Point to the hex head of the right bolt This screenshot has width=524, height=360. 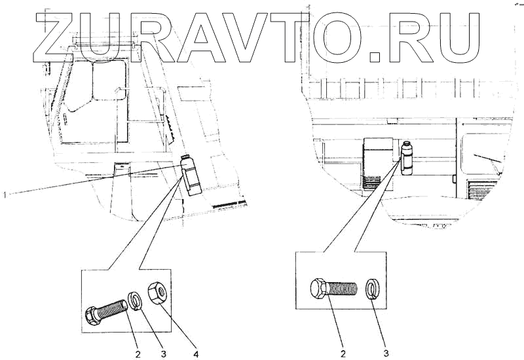(319, 288)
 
